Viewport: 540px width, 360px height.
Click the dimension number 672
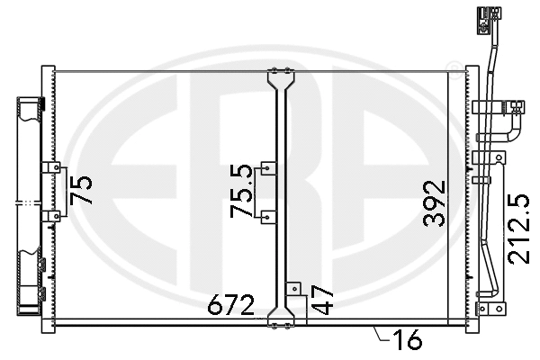tap(231, 305)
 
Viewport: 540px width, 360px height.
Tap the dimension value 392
tap(435, 204)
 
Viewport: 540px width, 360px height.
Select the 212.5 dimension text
tap(519, 229)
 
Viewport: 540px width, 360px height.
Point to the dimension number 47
tap(324, 300)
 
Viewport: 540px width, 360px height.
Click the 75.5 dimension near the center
tap(242, 191)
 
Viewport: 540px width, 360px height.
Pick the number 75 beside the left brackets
tap(81, 190)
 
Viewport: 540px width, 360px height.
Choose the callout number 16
tap(408, 339)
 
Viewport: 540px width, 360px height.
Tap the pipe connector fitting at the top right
tap(489, 21)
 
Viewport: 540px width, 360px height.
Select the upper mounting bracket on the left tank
tap(50, 167)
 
